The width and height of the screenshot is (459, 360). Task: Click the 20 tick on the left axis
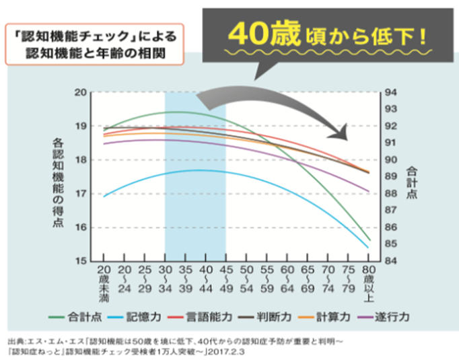(81, 92)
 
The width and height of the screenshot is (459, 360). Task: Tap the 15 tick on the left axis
(81, 260)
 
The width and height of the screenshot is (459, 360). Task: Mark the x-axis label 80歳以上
(368, 283)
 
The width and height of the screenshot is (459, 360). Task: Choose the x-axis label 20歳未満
(104, 283)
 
